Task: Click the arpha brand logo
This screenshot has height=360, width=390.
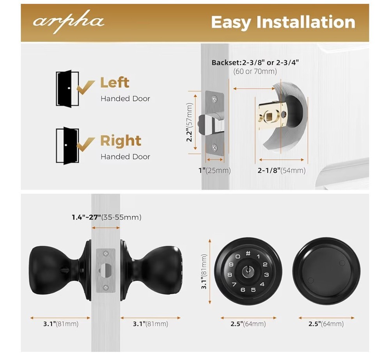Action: point(68,22)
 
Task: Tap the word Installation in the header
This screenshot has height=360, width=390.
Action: point(306,22)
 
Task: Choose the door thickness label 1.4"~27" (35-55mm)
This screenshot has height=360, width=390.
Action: point(106,217)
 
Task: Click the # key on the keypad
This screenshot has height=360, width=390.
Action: point(248,253)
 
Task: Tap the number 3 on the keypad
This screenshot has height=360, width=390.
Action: point(266,274)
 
